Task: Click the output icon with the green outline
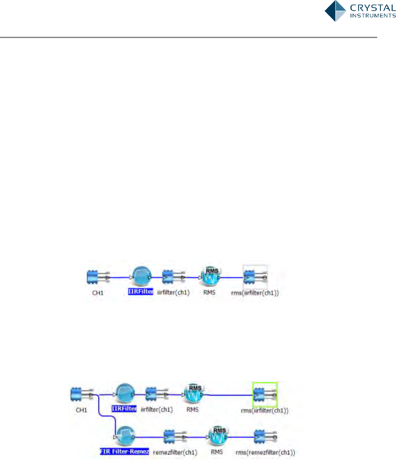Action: click(265, 394)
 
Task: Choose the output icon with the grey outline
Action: click(255, 278)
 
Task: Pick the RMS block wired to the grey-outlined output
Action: click(210, 277)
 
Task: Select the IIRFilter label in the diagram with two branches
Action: click(123, 408)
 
